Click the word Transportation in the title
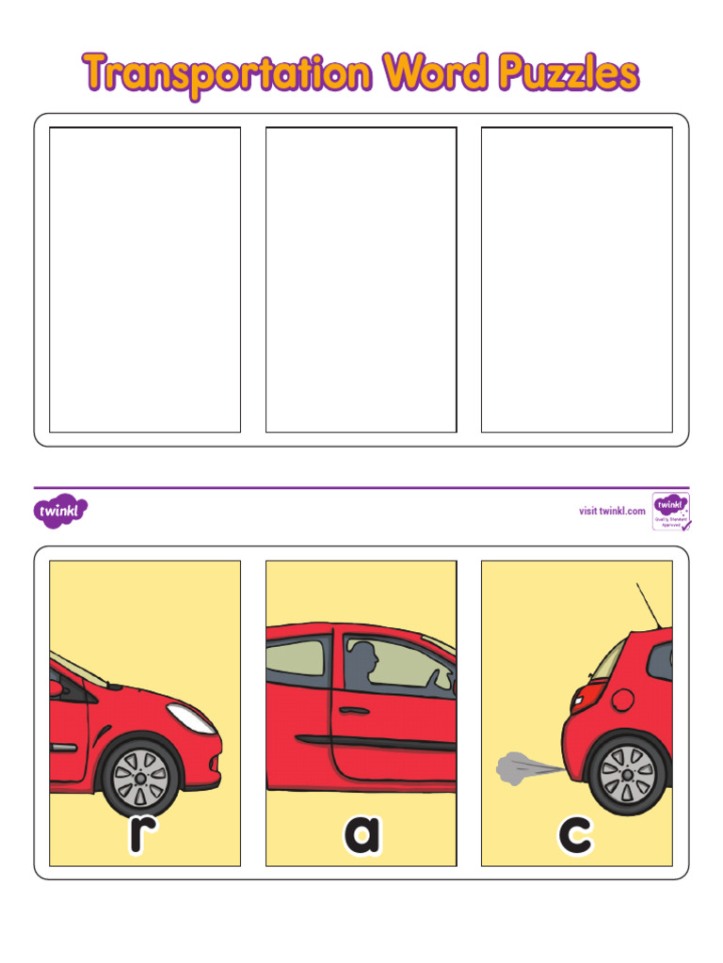tap(227, 73)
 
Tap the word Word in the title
tap(435, 72)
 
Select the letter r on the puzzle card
tap(140, 834)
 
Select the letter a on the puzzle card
tap(361, 835)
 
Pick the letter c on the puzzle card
tap(575, 834)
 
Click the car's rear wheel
tap(627, 775)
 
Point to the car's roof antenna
tap(649, 607)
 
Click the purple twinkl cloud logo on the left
tap(62, 512)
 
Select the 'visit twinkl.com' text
tap(612, 511)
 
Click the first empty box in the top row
tap(145, 279)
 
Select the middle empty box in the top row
tap(361, 279)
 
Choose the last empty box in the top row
tap(577, 279)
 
